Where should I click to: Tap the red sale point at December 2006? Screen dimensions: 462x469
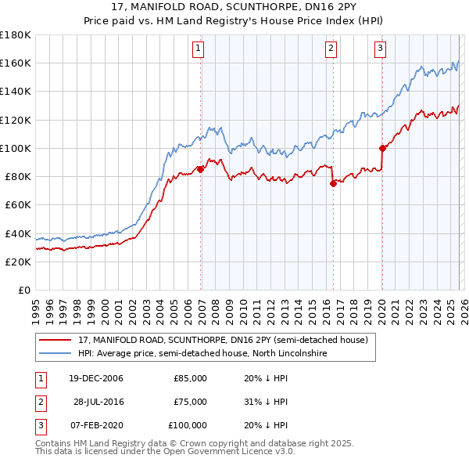[201, 168]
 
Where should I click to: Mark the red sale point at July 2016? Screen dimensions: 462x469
[333, 183]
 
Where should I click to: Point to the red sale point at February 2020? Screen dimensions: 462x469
[382, 147]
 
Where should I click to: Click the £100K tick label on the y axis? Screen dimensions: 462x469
[16, 148]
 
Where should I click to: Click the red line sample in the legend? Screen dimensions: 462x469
[55, 340]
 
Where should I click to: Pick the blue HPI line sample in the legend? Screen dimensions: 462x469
[55, 354]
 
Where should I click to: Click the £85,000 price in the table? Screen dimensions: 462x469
[190, 378]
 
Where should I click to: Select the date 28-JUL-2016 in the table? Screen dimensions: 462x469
[98, 402]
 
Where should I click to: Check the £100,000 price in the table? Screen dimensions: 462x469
[188, 425]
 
